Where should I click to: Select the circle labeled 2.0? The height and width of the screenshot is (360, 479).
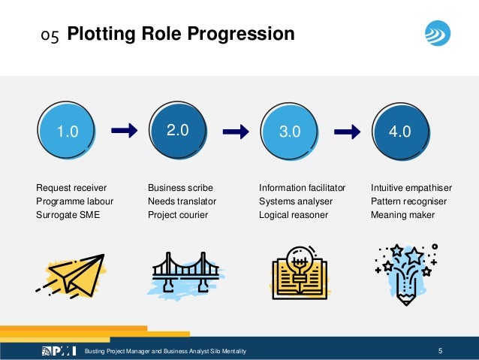177,131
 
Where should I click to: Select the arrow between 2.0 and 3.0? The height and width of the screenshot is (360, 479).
236,132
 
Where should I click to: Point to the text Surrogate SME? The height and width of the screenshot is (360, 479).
67,215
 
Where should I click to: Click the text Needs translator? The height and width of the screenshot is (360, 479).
182,201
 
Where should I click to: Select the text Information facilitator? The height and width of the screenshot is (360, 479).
302,188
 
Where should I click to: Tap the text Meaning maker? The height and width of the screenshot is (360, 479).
402,215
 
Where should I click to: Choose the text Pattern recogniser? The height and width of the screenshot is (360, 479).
408,201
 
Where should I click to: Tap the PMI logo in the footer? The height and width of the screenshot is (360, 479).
59,350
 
